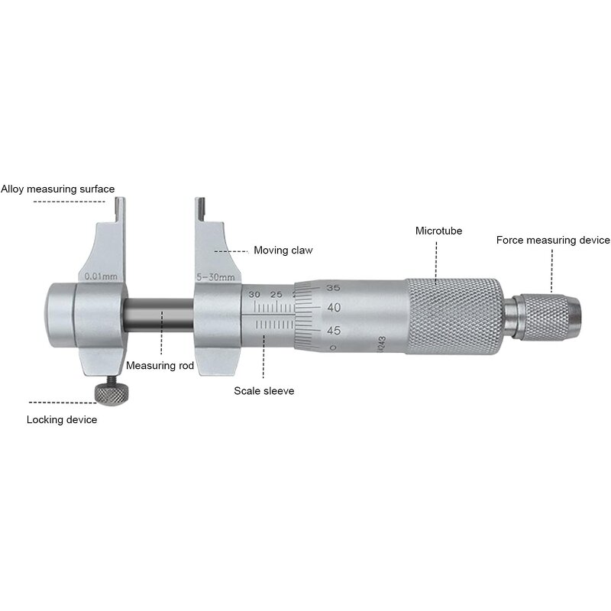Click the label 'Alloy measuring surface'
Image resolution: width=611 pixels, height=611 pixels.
tap(58, 189)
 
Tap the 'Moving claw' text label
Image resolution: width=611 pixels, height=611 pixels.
tap(283, 250)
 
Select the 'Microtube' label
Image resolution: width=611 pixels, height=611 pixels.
tap(438, 231)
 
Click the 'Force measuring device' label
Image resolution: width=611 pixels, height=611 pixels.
tap(553, 240)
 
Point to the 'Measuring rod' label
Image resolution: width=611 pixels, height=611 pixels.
tap(160, 366)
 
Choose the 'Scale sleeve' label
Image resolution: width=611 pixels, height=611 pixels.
tap(263, 390)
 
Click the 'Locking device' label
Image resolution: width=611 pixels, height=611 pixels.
tap(62, 419)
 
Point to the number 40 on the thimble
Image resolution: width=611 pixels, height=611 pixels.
tap(333, 308)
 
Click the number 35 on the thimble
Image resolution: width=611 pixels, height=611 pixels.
tap(333, 288)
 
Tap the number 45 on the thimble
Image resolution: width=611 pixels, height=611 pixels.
tap(333, 330)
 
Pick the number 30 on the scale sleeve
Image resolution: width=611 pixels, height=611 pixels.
tap(254, 294)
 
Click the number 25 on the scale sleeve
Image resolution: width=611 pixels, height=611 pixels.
tap(276, 294)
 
